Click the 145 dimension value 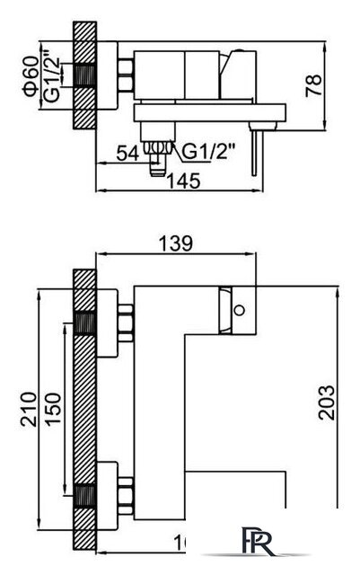pos(183,180)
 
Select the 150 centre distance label pos(55,409)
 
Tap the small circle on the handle pos(240,312)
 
